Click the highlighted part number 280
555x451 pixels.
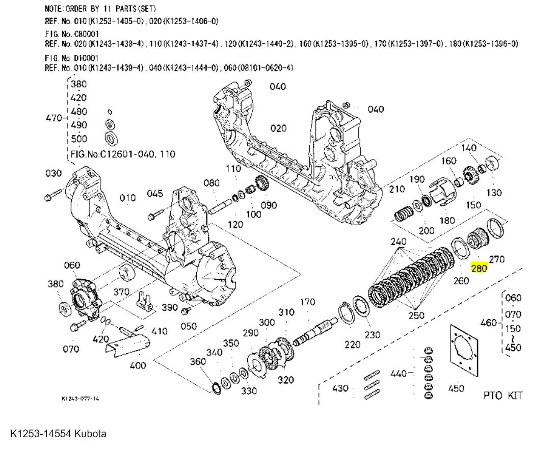(480, 268)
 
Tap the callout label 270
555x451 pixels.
(496, 259)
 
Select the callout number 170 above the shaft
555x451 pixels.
(307, 303)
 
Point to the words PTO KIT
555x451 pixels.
(503, 395)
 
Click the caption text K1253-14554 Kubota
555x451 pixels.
(58, 434)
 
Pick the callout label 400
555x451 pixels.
(138, 365)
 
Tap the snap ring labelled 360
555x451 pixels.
(217, 388)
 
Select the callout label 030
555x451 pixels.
(54, 173)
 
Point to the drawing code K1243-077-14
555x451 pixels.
(80, 399)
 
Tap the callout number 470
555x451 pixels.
(54, 118)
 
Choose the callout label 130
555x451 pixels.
(494, 193)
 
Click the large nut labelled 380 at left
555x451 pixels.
(65, 308)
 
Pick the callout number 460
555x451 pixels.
(489, 322)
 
